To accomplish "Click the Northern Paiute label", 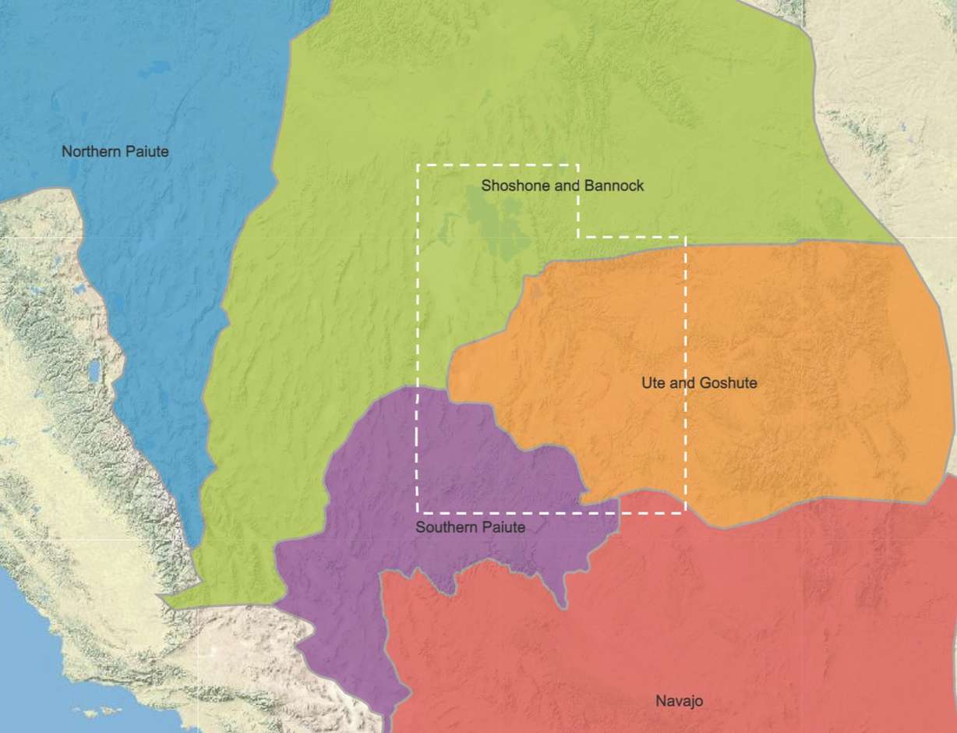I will pos(115,151).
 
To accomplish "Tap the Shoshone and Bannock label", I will pos(562,186).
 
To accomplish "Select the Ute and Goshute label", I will pos(698,383).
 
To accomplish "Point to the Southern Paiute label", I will pos(470,527).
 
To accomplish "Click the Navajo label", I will pos(679,701).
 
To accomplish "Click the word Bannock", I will pos(616,186).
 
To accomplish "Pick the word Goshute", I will pos(728,383).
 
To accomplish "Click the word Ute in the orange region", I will pos(652,383).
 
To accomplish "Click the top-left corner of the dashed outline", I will pos(418,165).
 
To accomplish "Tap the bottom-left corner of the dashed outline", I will pos(418,512).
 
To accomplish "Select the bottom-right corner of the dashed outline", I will pos(685,512).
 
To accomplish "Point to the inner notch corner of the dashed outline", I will pos(577,236).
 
